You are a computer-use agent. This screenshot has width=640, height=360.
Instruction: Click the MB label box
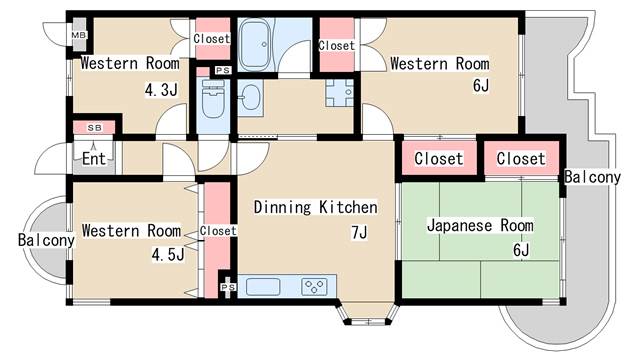79,35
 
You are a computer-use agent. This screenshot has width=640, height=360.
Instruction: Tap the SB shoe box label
94,128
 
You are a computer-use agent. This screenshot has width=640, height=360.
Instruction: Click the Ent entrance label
94,158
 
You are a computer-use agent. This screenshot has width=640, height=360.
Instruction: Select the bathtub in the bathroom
256,45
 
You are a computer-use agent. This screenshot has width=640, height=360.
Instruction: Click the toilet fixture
213,98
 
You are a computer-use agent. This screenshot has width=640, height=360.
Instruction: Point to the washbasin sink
250,97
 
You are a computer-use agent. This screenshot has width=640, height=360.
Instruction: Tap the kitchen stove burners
314,286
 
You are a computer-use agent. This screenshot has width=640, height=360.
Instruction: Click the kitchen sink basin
263,286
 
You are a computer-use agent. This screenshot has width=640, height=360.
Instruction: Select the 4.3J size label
161,89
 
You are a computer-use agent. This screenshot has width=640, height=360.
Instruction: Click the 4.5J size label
168,254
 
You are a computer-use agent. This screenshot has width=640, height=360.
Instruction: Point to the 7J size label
359,232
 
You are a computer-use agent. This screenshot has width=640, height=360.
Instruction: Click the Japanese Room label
480,225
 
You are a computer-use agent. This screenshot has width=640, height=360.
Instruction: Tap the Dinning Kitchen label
315,207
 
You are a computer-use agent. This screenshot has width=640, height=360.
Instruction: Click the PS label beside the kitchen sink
228,287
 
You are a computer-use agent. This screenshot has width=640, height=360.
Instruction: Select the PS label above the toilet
223,71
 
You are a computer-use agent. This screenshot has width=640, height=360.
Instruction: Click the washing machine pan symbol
340,93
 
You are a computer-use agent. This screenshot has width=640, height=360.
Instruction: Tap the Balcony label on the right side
592,177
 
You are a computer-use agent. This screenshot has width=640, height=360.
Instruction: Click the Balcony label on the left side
46,240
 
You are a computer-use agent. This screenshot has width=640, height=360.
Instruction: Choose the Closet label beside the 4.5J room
218,231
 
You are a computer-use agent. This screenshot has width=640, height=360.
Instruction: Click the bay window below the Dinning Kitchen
368,313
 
